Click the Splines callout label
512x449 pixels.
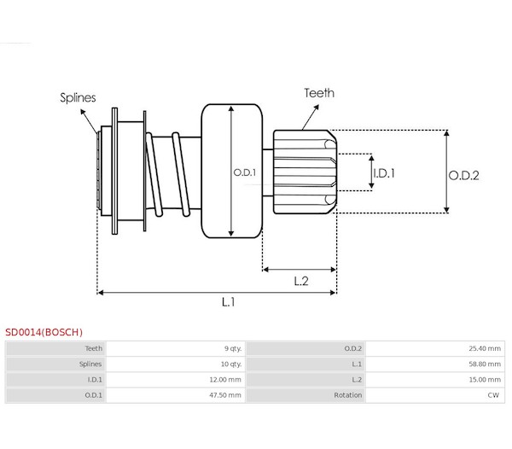click(78, 97)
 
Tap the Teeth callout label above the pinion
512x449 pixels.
click(319, 93)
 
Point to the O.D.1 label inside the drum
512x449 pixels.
click(245, 172)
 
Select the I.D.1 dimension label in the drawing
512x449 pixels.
click(384, 173)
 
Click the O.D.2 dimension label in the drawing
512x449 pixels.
click(463, 176)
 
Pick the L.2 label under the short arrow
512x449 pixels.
click(301, 281)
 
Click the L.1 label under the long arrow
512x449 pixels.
click(228, 302)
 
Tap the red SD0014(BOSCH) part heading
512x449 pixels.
click(44, 332)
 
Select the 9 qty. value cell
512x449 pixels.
click(233, 348)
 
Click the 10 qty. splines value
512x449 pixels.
click(231, 364)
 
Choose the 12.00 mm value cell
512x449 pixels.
click(225, 380)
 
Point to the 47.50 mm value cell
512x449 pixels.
click(225, 395)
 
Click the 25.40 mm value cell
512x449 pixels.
click(485, 348)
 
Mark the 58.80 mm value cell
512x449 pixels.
click(485, 364)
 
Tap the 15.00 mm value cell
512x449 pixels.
click(485, 380)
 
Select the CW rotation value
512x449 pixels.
click(493, 395)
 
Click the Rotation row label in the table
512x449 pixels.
click(348, 395)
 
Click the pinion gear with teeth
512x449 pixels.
click(305, 172)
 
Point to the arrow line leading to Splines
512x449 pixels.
click(89, 121)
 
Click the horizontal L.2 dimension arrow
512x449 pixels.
click(300, 270)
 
